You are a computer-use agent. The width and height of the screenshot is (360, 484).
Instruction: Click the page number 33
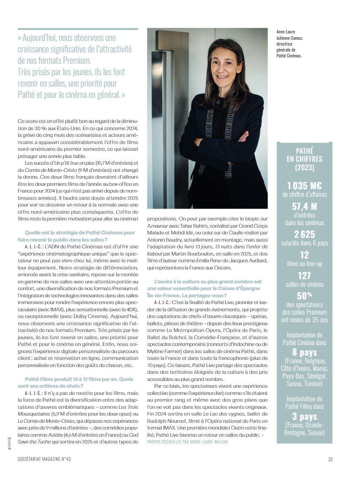[330, 460]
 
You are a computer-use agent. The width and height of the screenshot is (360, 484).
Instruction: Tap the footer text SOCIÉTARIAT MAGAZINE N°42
[44, 460]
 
